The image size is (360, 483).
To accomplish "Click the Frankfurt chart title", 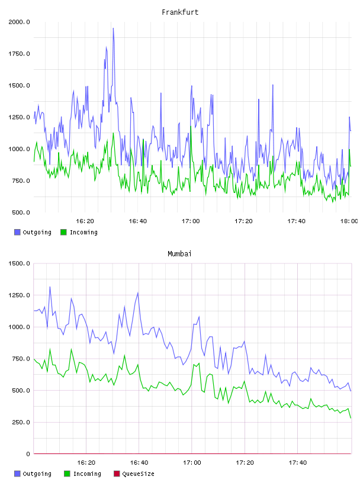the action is [180, 12].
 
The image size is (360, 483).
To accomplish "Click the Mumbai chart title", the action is [179, 254].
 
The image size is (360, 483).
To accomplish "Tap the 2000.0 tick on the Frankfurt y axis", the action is [19, 22].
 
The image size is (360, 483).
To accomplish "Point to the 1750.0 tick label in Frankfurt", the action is [19, 54].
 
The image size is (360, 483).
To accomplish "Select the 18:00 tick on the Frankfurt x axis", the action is [349, 221].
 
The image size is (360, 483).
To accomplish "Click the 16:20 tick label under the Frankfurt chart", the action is [85, 221].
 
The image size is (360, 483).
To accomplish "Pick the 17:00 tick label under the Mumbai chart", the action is [192, 463].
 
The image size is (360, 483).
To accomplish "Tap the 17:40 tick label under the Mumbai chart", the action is [298, 463].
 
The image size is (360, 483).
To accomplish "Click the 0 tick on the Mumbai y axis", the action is [28, 454].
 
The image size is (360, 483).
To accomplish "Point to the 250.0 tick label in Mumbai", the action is [21, 422].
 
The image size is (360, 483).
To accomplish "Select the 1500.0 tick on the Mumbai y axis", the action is [19, 263].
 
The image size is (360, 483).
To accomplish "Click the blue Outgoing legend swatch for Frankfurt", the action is [17, 232].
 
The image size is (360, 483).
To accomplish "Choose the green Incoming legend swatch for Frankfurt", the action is [63, 232].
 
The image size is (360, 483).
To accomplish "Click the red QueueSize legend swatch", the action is [117, 474].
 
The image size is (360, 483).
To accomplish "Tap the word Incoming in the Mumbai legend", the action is [87, 474].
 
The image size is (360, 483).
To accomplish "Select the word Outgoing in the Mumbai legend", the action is [37, 474].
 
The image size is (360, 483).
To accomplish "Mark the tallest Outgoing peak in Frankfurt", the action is [113, 28].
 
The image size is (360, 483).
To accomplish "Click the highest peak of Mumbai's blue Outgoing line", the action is [50, 286].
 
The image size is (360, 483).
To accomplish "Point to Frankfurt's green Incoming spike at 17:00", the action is [191, 126].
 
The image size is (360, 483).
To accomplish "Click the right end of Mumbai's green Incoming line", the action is [351, 418].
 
